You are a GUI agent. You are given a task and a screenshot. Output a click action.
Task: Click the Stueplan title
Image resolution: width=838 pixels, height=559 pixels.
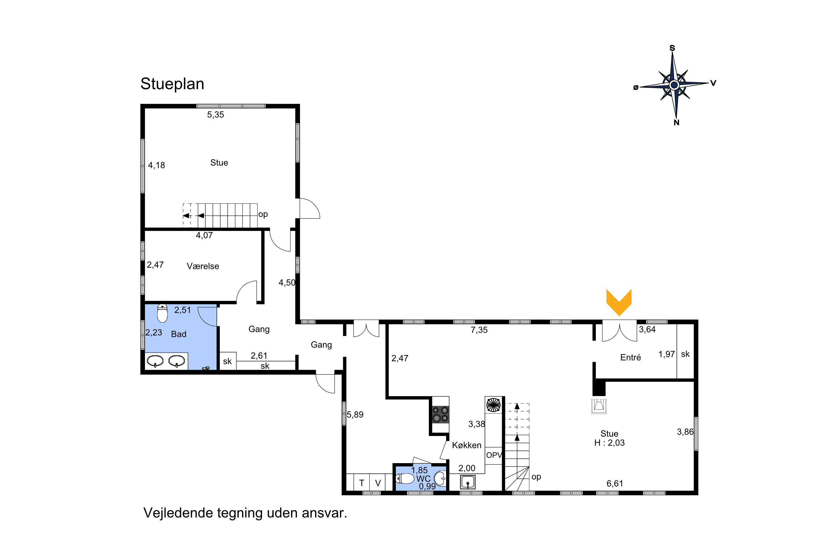[172, 84]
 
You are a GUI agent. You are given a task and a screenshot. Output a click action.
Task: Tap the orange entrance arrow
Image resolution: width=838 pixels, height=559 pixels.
[619, 302]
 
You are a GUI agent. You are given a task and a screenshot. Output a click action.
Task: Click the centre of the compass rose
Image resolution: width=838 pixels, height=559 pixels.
[674, 85]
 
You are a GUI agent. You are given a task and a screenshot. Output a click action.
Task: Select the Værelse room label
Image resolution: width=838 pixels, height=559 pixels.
[203, 266]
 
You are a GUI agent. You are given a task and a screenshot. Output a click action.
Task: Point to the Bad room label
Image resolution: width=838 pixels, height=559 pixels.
[178, 334]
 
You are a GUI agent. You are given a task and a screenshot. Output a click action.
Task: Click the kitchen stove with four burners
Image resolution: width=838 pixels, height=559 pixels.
[440, 414]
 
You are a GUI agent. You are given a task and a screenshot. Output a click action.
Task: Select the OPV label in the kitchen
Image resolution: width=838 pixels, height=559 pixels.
[494, 455]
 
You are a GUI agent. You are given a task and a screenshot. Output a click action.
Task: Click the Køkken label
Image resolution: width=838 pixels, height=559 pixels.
[467, 445]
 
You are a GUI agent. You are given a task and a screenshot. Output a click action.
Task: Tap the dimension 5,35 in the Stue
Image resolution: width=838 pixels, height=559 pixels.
[216, 115]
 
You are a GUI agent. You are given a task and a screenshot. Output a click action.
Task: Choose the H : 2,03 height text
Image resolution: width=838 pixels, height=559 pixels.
[609, 443]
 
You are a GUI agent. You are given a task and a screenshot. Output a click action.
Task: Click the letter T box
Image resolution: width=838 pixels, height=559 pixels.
[362, 483]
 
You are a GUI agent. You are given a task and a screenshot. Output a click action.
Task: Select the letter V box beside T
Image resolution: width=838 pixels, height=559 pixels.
[378, 483]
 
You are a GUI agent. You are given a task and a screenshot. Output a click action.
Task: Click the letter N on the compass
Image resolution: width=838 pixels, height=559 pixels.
[676, 123]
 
